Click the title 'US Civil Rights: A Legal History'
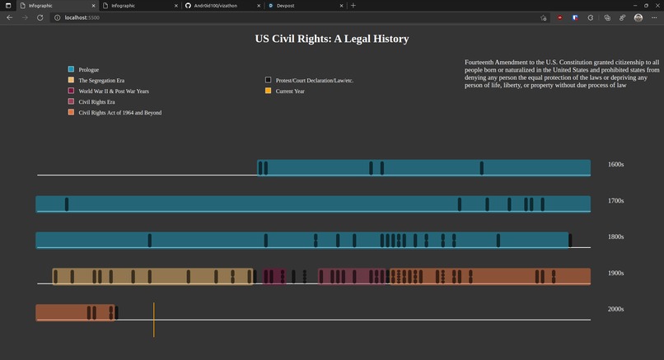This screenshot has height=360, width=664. pos(332,39)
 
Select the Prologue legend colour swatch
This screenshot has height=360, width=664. pos(72,69)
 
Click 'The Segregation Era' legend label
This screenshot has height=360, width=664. pos(101,81)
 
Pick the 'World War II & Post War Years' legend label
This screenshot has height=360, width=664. pos(114,91)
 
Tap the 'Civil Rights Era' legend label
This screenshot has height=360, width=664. pos(96,102)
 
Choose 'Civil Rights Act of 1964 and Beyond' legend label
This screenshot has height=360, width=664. pos(120,113)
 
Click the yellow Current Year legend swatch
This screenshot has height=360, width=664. pos(269,91)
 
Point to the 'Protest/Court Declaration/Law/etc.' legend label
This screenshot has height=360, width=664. pos(315,81)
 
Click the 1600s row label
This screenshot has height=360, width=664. pos(615,165)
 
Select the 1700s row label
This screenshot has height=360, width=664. pos(615,201)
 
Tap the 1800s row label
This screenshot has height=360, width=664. pos(615,237)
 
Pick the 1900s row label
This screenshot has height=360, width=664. pos(615,273)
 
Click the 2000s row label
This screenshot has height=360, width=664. pos(615,309)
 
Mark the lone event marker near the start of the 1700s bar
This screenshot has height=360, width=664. pos(67,204)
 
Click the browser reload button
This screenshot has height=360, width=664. pos(40,17)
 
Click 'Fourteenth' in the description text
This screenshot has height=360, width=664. pos(481,63)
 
